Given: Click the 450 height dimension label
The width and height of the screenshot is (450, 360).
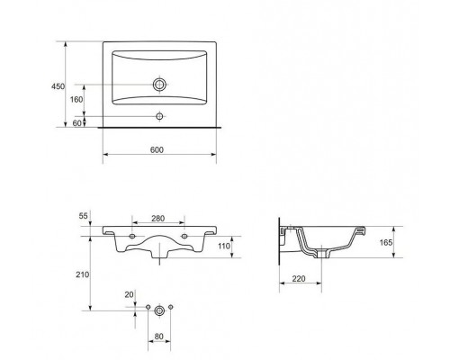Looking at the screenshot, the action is click(x=58, y=86).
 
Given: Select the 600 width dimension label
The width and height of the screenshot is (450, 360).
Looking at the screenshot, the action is click(x=157, y=149).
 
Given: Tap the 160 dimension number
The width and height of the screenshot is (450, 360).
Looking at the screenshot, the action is click(x=76, y=99).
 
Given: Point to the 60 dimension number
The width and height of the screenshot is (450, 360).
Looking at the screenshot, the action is click(x=77, y=123).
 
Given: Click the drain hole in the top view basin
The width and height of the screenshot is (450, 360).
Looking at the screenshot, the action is click(x=159, y=85).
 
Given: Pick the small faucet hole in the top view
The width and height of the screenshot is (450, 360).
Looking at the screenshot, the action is click(x=159, y=116).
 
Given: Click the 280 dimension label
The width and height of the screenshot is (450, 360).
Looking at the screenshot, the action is click(x=157, y=219).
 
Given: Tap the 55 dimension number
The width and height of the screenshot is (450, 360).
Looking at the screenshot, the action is click(x=83, y=216).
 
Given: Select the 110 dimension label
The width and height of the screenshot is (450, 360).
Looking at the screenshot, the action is click(x=224, y=246).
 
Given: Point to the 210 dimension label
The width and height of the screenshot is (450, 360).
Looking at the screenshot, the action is click(x=82, y=274).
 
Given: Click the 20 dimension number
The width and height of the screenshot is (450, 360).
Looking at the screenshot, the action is click(x=129, y=295).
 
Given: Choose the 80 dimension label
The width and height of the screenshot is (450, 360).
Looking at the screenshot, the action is click(x=158, y=337).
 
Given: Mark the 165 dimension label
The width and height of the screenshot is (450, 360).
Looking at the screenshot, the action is click(x=386, y=242).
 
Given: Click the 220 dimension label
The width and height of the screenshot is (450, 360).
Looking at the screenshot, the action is click(x=299, y=279).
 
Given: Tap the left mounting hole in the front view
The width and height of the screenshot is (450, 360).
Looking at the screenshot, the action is click(x=132, y=237).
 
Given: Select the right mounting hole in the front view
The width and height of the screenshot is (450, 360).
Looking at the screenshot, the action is click(x=184, y=237).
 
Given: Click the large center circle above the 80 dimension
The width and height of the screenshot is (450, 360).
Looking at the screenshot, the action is click(x=159, y=310).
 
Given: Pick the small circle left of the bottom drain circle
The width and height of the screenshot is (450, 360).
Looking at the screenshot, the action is click(x=148, y=307).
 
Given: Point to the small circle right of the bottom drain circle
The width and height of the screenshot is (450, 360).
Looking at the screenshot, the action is click(x=171, y=307).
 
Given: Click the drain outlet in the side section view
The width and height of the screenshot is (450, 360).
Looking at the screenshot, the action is click(x=322, y=253).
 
